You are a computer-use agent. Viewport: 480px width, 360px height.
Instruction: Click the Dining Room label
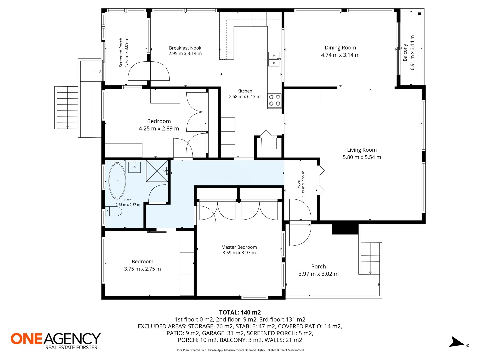click(340, 48)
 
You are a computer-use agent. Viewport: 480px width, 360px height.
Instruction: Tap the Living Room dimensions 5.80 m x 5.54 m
click(362, 157)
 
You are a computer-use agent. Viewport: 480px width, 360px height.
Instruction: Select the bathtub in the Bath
click(117, 181)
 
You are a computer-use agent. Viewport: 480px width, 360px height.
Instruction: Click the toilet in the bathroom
click(114, 211)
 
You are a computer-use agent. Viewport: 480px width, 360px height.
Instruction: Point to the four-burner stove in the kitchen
click(274, 100)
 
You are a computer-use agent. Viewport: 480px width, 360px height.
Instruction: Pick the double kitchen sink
click(274, 59)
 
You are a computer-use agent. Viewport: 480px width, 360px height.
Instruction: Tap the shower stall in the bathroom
click(157, 171)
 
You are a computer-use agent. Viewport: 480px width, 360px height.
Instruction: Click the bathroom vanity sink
click(134, 167)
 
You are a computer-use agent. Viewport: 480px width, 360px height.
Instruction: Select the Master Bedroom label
click(239, 247)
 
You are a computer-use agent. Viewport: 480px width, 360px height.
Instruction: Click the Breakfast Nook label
click(185, 48)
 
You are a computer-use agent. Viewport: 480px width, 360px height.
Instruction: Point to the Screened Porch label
click(121, 52)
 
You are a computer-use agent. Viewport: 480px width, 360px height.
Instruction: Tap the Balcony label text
click(405, 52)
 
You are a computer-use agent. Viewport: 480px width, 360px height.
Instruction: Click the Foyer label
click(298, 184)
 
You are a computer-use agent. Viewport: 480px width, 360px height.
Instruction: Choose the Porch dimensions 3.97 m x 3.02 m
click(318, 274)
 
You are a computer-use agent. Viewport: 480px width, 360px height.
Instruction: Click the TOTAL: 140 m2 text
click(240, 312)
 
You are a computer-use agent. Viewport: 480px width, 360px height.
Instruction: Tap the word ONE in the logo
click(26, 339)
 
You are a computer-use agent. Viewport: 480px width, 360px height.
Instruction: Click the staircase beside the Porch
click(370, 258)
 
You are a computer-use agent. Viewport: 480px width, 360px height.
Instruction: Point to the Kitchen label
click(245, 91)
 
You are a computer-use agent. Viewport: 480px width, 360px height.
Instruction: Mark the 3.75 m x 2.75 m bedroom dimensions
click(142, 269)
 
